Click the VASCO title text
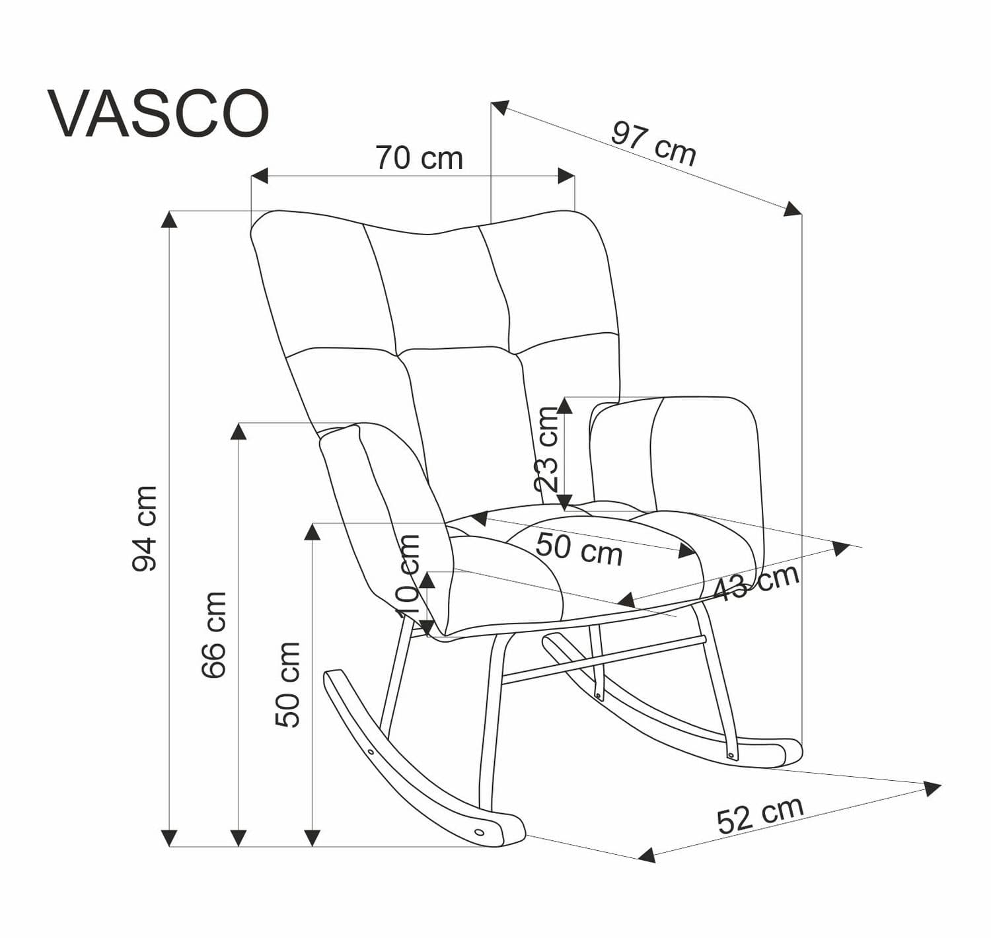click(x=159, y=114)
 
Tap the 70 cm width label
click(x=419, y=159)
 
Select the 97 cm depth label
click(x=653, y=143)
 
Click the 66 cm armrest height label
click(x=213, y=634)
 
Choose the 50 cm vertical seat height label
click(x=287, y=684)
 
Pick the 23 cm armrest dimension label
click(x=547, y=449)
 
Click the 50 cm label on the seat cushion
click(x=579, y=550)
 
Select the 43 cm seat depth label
click(x=757, y=582)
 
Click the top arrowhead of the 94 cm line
click(x=170, y=219)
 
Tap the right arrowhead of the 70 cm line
click(x=567, y=176)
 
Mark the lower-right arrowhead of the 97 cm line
click(x=793, y=209)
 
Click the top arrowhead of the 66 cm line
click(x=239, y=431)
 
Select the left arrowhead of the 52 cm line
click(x=647, y=855)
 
